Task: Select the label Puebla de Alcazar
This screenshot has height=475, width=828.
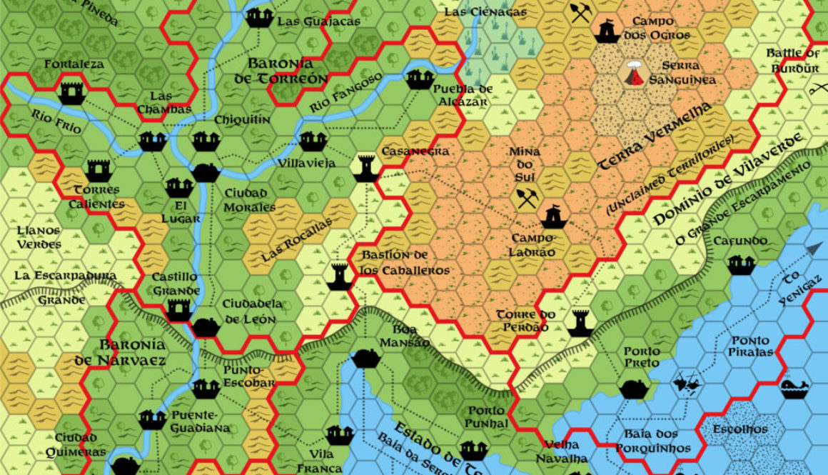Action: pos(463,96)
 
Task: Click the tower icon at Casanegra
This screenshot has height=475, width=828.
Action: pos(365,168)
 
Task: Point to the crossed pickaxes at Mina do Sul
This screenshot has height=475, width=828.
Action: pos(527,200)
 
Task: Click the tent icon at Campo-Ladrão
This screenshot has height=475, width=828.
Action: pos(553,216)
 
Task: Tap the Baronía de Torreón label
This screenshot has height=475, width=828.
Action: pos(281,71)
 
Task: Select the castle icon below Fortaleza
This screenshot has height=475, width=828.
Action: pos(71,91)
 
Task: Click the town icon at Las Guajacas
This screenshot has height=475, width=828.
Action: pos(257,17)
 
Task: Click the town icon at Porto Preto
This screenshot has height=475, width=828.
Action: pos(633,389)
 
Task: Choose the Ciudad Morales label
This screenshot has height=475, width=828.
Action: pos(250,200)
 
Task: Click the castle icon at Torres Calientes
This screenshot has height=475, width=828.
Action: pos(97,171)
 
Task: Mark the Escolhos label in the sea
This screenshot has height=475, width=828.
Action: pos(740,429)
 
